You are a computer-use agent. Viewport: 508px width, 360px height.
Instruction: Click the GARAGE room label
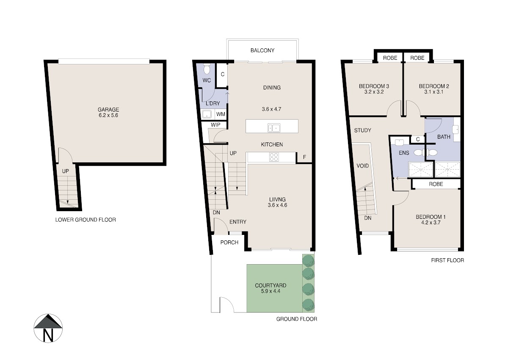[108, 109]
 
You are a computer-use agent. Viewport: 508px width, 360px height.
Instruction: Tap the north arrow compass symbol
[48, 328]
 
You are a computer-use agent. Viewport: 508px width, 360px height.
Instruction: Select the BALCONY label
[262, 50]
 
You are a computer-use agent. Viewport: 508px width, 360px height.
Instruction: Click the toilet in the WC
[207, 69]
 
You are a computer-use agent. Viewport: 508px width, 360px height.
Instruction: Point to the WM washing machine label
[221, 114]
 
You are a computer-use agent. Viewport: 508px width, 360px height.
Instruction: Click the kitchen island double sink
[274, 128]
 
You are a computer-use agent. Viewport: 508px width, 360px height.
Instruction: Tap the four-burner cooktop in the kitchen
[274, 157]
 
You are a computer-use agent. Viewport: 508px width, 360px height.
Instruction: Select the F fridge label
[304, 157]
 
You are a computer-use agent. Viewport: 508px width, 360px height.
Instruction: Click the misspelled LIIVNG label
[277, 199]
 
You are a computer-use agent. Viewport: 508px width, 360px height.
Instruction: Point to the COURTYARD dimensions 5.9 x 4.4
[271, 291]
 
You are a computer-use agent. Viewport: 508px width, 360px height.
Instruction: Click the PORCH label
[229, 243]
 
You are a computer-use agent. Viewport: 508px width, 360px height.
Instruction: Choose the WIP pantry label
[215, 125]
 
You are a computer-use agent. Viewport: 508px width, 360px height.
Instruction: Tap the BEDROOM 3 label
[374, 87]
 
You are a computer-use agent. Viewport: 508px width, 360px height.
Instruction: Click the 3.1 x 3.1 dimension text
[434, 92]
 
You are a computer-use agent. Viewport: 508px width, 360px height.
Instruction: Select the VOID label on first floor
[363, 166]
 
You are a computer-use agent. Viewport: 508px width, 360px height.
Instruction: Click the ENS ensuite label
[404, 153]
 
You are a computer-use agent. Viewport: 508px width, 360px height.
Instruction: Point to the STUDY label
[363, 130]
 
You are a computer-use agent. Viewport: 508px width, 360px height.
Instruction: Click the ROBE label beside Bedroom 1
[436, 184]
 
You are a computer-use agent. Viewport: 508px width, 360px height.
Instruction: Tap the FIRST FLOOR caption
[447, 260]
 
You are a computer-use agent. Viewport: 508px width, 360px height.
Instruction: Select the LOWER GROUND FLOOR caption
[86, 220]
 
